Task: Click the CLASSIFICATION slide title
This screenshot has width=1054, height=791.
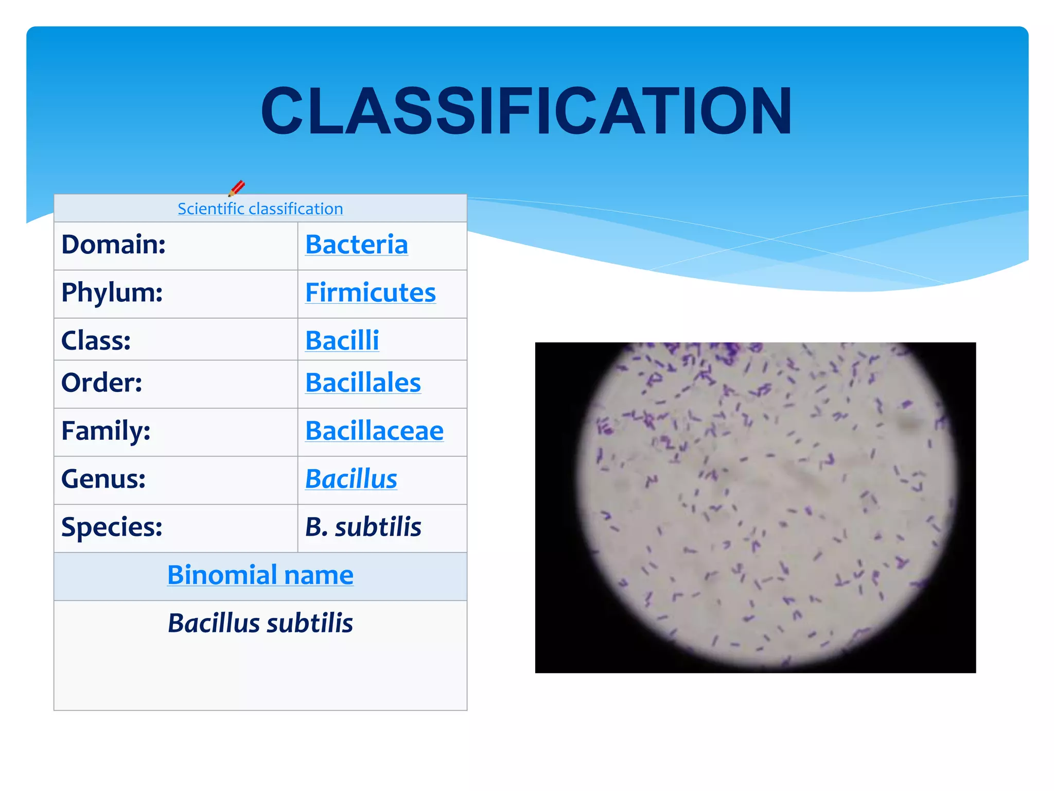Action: point(526,111)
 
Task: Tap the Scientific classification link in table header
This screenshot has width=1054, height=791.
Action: point(260,209)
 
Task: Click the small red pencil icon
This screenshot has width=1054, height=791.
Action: point(237,188)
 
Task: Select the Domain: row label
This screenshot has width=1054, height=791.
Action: point(113,244)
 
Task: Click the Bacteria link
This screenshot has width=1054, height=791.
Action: point(356,244)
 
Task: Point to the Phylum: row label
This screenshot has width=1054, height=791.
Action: point(112,293)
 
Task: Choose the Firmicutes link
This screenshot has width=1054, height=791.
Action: point(370,293)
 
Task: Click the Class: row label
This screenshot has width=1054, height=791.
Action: point(96,340)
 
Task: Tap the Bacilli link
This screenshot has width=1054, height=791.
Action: point(342,340)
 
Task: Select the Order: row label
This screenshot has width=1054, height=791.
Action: point(101,383)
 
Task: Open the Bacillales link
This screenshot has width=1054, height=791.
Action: point(363,383)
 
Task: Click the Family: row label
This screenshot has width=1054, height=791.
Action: point(106,431)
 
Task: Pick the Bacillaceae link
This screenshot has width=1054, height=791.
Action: point(374,431)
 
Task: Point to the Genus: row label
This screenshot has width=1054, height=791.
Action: point(103,479)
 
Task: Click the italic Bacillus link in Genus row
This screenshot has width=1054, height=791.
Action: point(351,479)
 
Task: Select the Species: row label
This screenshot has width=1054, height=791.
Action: point(112,527)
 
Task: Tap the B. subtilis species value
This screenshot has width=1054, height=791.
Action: point(363,527)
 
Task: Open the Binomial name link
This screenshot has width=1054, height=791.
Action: point(260,575)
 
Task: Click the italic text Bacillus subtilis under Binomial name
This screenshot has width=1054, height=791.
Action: point(260,623)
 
